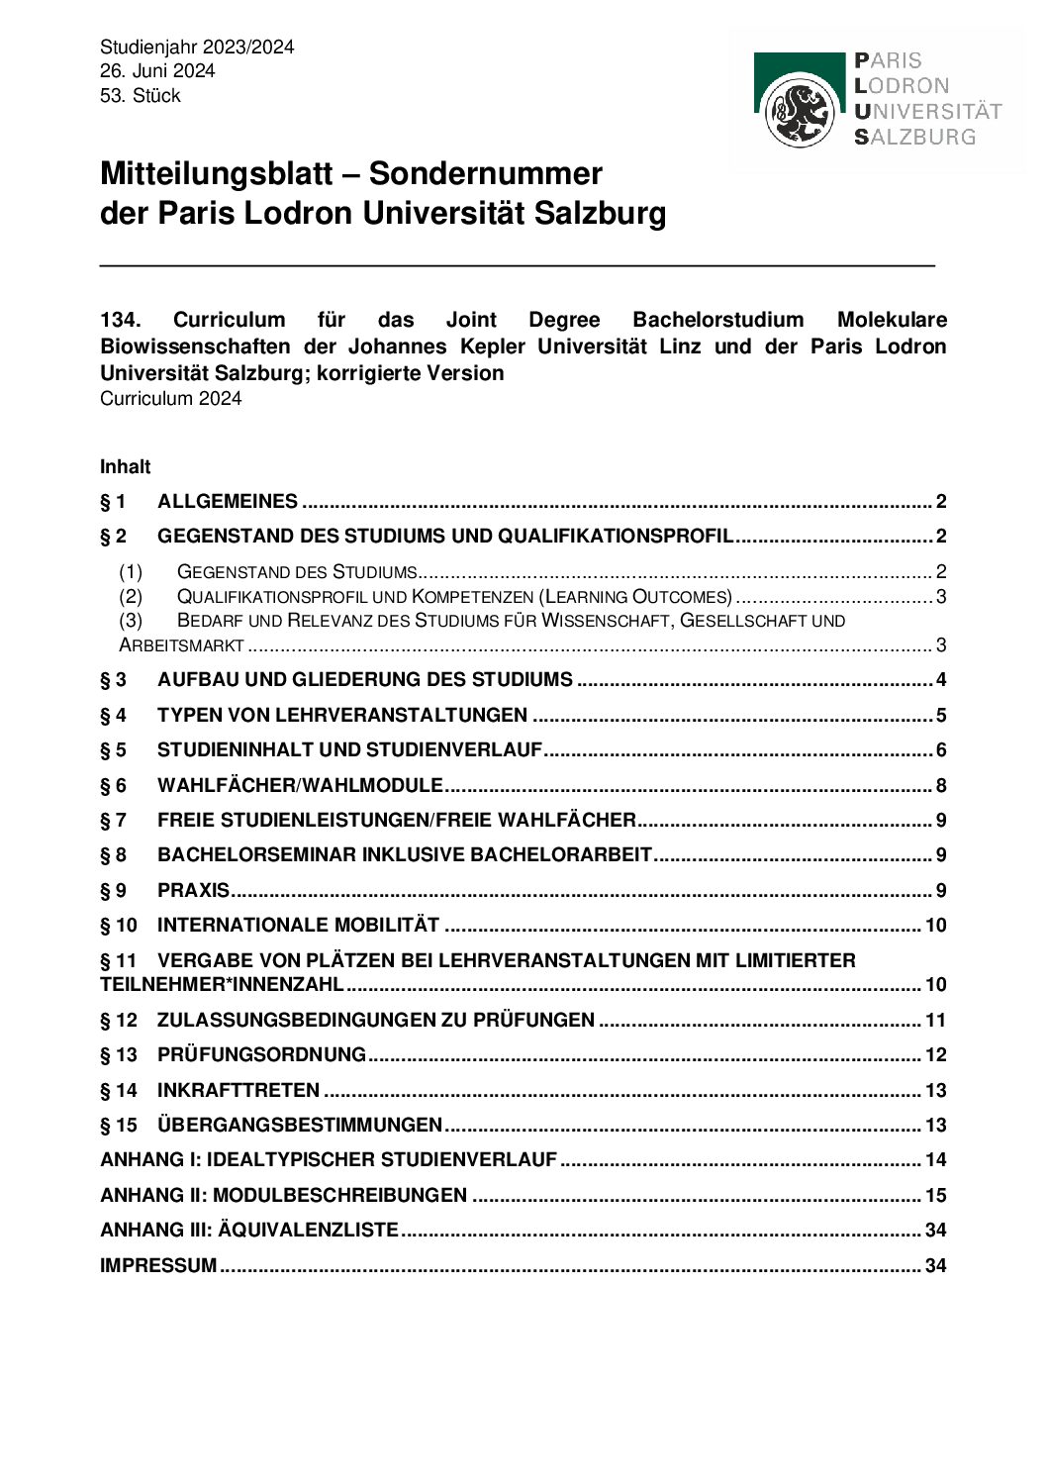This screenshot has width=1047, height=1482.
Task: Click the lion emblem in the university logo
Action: [803, 113]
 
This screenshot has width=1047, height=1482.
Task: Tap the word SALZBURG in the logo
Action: [915, 137]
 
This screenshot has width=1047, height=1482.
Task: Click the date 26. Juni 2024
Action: [157, 71]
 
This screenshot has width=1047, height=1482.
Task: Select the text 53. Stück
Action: [141, 96]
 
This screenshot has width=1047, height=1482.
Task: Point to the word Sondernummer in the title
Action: [485, 174]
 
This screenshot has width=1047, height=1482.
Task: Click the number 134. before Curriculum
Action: [122, 320]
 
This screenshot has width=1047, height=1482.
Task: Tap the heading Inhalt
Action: [125, 466]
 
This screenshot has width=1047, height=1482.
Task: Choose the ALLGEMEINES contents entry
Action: [227, 501]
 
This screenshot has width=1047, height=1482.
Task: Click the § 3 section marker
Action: [114, 680]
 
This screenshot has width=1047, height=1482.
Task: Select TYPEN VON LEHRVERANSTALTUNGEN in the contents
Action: [341, 715]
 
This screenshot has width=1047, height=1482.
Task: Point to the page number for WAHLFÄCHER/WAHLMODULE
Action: [941, 786]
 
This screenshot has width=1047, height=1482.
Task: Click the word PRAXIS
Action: [193, 890]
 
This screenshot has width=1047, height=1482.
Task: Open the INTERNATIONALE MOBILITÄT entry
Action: [298, 926]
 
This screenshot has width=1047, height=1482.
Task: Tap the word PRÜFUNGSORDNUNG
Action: [261, 1055]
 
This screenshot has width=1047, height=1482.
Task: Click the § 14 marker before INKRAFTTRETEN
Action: [119, 1091]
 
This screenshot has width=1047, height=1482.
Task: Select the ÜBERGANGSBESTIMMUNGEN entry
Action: [299, 1126]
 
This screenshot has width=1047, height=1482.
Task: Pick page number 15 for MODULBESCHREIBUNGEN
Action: [935, 1195]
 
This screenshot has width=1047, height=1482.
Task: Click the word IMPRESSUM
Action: [158, 1265]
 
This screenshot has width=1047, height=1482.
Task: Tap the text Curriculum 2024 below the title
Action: [170, 399]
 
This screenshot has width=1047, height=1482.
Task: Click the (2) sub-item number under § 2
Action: [131, 597]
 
